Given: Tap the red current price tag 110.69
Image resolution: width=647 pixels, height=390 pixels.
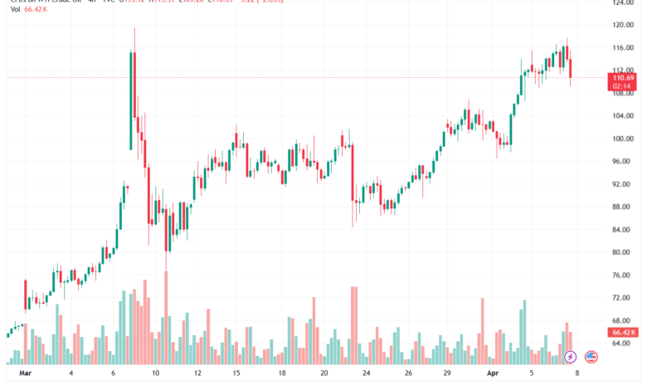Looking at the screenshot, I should pyautogui.click(x=623, y=76).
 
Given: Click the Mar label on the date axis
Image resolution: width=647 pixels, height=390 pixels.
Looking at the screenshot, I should pyautogui.click(x=24, y=374).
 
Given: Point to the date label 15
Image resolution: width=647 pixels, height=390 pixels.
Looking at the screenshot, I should pyautogui.click(x=236, y=374).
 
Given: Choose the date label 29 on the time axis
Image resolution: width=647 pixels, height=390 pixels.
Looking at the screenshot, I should pyautogui.click(x=446, y=374).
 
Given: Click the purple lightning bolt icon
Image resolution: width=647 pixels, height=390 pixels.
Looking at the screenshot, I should pyautogui.click(x=570, y=358).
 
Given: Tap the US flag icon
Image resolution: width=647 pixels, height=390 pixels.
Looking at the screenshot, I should pyautogui.click(x=591, y=358).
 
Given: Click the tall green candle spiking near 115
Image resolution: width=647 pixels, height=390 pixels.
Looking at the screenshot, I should pyautogui.click(x=131, y=100).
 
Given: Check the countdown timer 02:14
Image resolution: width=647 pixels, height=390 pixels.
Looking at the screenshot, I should pyautogui.click(x=623, y=85).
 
